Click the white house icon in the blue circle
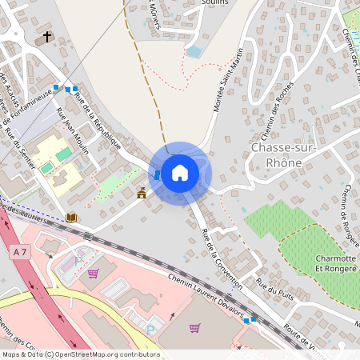coord(180,173)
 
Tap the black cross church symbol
coord(47,37)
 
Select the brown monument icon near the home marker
coord(142,192)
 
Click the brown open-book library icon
coord(71,217)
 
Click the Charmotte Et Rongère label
coord(325,265)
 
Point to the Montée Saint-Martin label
coord(228,91)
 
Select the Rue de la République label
coord(97,121)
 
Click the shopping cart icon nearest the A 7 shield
coord(93,274)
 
